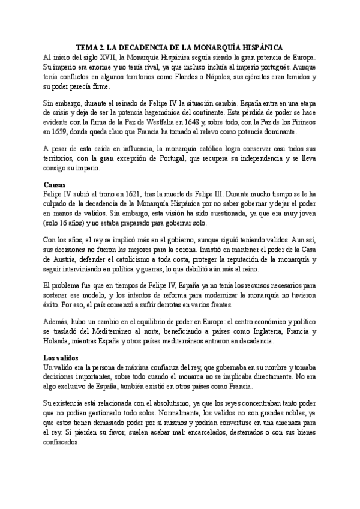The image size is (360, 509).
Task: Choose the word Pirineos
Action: click(x=302, y=123)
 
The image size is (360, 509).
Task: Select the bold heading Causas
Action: click(x=56, y=185)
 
